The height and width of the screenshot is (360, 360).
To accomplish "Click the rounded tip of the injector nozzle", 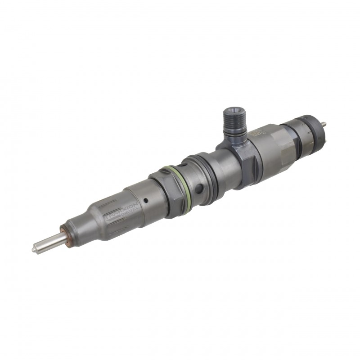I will [x=35, y=248].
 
